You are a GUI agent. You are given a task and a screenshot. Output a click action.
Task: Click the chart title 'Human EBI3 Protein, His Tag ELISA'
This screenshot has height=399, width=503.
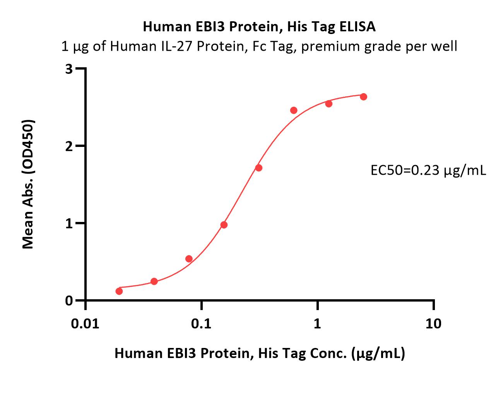pyautogui.click(x=259, y=27)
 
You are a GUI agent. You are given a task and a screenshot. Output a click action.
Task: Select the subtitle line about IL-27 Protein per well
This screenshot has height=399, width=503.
pyautogui.click(x=259, y=46)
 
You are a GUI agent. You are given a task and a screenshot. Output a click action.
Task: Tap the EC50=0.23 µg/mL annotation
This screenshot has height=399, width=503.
pyautogui.click(x=428, y=171)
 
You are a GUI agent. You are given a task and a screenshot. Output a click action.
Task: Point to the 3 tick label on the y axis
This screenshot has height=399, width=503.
pyautogui.click(x=69, y=69)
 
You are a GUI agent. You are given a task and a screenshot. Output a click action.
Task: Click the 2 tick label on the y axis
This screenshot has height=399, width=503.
pyautogui.click(x=69, y=147)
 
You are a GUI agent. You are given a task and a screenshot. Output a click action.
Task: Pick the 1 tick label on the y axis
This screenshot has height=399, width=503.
pyautogui.click(x=69, y=224)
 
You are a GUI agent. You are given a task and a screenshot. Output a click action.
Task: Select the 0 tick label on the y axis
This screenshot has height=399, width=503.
pyautogui.click(x=69, y=301)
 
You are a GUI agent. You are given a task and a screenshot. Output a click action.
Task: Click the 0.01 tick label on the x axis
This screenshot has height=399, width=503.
pyautogui.click(x=85, y=324)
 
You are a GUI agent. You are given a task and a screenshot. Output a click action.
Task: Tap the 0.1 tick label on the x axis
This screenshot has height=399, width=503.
pyautogui.click(x=201, y=324)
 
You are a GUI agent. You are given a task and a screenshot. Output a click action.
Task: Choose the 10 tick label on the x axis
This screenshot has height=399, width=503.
pyautogui.click(x=433, y=324)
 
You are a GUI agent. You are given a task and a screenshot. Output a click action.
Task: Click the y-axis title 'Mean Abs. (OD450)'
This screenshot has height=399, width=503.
pyautogui.click(x=28, y=184)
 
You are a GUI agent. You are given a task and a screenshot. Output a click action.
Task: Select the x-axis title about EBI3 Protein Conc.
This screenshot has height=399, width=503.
pyautogui.click(x=260, y=353)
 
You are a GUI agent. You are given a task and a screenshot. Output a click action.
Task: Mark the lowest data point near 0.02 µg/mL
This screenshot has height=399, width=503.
pyautogui.click(x=119, y=291)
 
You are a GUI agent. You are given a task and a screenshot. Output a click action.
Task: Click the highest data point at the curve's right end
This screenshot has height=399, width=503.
pyautogui.click(x=363, y=97)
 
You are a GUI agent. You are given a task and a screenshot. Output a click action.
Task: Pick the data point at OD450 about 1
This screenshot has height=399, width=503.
pyautogui.click(x=224, y=225)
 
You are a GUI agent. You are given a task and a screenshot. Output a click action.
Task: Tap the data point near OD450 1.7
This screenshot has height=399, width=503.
pyautogui.click(x=259, y=168)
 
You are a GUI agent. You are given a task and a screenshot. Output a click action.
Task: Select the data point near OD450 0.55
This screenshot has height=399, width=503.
pyautogui.click(x=189, y=259)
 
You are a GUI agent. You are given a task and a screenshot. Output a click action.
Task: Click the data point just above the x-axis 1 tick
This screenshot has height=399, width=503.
pyautogui.click(x=328, y=104)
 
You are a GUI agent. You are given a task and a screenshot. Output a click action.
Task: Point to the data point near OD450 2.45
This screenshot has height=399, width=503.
pyautogui.click(x=294, y=110)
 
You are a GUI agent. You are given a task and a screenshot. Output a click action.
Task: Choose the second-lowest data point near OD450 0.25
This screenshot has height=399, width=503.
pyautogui.click(x=154, y=281)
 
